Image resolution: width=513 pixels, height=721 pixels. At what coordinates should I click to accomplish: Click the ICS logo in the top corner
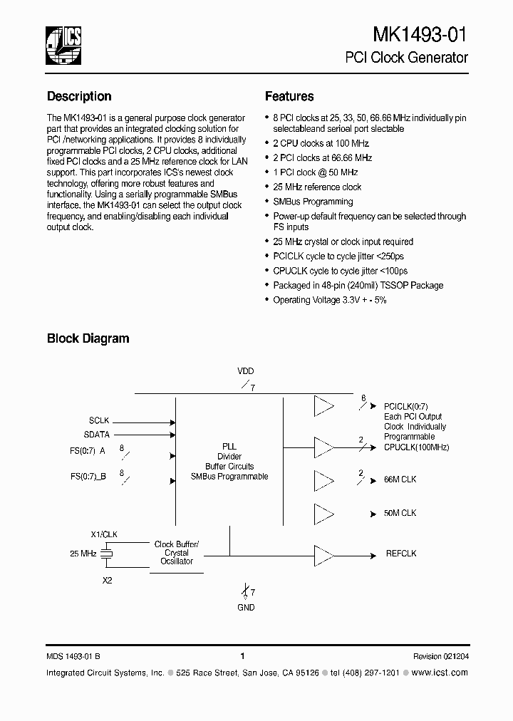(x=63, y=44)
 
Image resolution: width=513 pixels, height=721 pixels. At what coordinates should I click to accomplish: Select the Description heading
(x=79, y=96)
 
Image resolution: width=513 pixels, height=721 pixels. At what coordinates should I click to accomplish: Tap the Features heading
(x=289, y=96)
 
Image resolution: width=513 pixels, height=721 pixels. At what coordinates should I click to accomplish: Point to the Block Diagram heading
(x=88, y=338)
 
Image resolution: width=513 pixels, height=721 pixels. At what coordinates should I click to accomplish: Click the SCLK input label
(x=99, y=421)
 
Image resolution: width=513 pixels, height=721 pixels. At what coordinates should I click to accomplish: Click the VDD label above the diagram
(x=245, y=371)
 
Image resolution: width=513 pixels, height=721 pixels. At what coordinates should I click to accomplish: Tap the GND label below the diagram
(x=245, y=608)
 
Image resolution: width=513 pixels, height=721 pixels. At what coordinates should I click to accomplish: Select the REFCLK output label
(x=401, y=553)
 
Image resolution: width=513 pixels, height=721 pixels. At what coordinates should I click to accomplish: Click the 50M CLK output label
(x=400, y=513)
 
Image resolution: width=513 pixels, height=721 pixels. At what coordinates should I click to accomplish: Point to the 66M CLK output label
(x=400, y=480)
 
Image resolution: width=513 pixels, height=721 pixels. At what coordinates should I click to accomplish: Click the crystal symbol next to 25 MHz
(x=107, y=553)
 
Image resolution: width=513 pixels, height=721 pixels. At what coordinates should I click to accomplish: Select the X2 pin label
(x=107, y=581)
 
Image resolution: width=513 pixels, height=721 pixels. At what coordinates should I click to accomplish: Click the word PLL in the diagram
(x=229, y=446)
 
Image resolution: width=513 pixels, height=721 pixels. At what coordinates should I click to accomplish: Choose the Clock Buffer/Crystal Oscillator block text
(x=177, y=553)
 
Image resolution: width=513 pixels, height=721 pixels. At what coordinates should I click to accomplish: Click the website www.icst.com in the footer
(x=440, y=673)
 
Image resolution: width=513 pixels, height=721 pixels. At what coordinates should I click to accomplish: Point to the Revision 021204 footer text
(x=440, y=656)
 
